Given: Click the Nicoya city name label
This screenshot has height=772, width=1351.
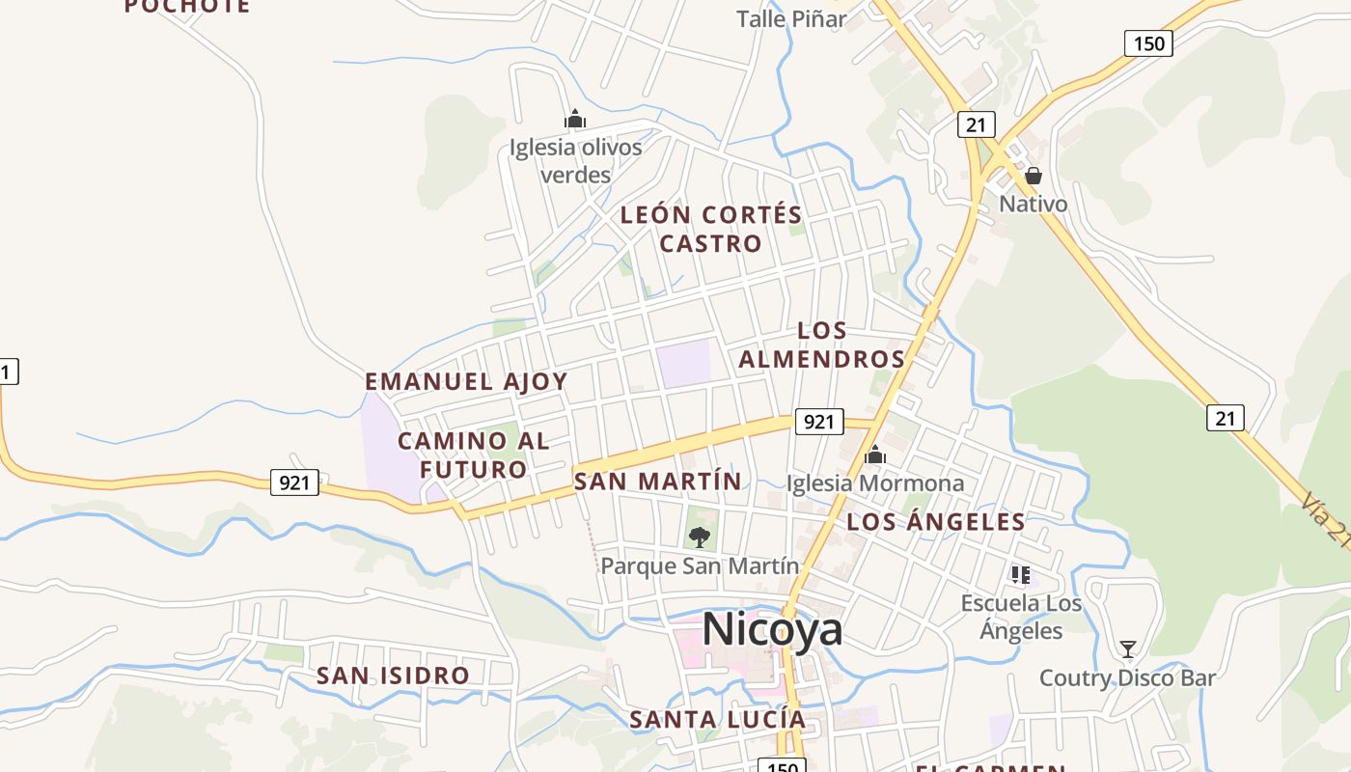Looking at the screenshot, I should pyautogui.click(x=772, y=629).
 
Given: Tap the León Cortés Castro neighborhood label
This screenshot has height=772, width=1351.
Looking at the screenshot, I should pyautogui.click(x=711, y=229).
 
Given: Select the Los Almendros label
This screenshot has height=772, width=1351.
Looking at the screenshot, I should pyautogui.click(x=822, y=345).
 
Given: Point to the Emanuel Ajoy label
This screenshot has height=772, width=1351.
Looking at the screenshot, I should pyautogui.click(x=466, y=381).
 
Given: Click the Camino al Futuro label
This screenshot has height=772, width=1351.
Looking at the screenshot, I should pyautogui.click(x=473, y=455).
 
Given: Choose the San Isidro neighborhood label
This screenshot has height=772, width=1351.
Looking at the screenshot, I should pyautogui.click(x=393, y=675).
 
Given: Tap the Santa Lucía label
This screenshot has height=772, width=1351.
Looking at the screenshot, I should pyautogui.click(x=717, y=719).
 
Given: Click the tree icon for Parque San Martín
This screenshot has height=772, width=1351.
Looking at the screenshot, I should pyautogui.click(x=700, y=537).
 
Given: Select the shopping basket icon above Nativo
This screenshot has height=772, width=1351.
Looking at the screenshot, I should pyautogui.click(x=1034, y=176).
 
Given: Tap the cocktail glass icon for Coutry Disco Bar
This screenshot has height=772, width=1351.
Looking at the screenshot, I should pyautogui.click(x=1127, y=648).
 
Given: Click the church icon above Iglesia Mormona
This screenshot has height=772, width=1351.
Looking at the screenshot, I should pyautogui.click(x=875, y=455).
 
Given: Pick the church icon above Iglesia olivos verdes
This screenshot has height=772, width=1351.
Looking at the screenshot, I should pyautogui.click(x=575, y=120).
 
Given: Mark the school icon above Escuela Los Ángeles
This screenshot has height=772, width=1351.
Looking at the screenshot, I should pyautogui.click(x=1021, y=575).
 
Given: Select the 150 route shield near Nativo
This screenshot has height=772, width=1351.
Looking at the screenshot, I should pyautogui.click(x=1148, y=42).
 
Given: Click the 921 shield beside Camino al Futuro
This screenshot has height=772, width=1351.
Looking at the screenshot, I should pyautogui.click(x=294, y=482).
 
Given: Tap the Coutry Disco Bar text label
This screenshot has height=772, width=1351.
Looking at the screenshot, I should pyautogui.click(x=1127, y=678).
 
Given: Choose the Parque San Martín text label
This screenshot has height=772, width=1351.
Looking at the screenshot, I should pyautogui.click(x=700, y=565).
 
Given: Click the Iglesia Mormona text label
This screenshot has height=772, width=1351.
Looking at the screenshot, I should pyautogui.click(x=875, y=482).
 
